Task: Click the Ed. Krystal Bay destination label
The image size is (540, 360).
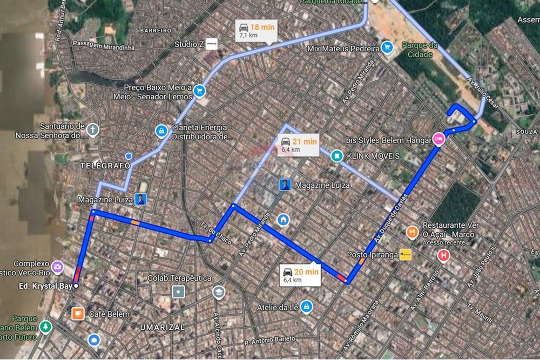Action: point(46,286)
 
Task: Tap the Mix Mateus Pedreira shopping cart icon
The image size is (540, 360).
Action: point(387,48)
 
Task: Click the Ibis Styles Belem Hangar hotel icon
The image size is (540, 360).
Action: point(438,138)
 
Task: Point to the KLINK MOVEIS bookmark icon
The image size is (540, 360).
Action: point(336,156)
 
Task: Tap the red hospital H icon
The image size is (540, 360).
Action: point(444,255)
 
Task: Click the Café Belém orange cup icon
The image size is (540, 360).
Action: point(78,313)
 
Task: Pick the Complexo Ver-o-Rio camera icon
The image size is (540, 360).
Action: point(57,266)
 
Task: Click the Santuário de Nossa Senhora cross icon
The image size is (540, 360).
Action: point(93,130)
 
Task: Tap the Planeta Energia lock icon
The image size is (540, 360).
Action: point(160,130)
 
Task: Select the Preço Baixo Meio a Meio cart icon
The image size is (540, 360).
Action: point(200,90)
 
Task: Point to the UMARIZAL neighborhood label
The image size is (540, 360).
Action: point(162,327)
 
